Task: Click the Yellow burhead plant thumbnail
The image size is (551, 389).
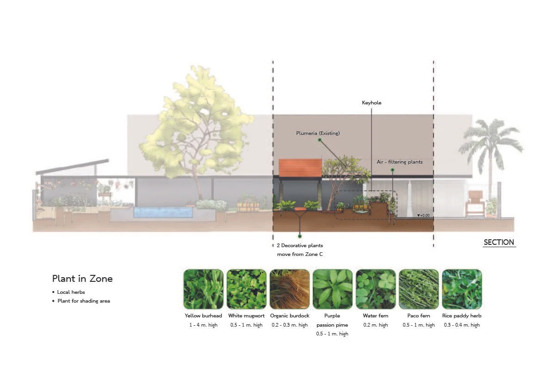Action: pos(203,289)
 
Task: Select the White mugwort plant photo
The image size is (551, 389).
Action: pos(246,289)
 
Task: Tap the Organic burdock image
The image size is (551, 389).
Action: pos(289,289)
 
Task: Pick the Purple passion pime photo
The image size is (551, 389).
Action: pos(332,289)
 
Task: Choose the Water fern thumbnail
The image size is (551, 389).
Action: pos(376,289)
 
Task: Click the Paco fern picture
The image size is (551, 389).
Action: pos(419,289)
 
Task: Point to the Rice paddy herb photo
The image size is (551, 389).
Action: pos(462,289)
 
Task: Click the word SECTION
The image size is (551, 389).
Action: pos(499,242)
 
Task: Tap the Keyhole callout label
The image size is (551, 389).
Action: pos(371,103)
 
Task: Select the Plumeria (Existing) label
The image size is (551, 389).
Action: pos(318,134)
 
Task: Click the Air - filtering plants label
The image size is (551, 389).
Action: pos(399,162)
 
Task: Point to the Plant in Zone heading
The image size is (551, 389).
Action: pos(82,279)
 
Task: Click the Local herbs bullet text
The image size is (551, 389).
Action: pos(71,292)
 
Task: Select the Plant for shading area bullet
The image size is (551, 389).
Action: pos(83,301)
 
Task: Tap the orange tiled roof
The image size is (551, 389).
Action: pos(300,168)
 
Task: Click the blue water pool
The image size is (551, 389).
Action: pos(163,213)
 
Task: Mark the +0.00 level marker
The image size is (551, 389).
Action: pos(423,215)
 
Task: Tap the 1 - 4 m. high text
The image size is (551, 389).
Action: pos(203,325)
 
